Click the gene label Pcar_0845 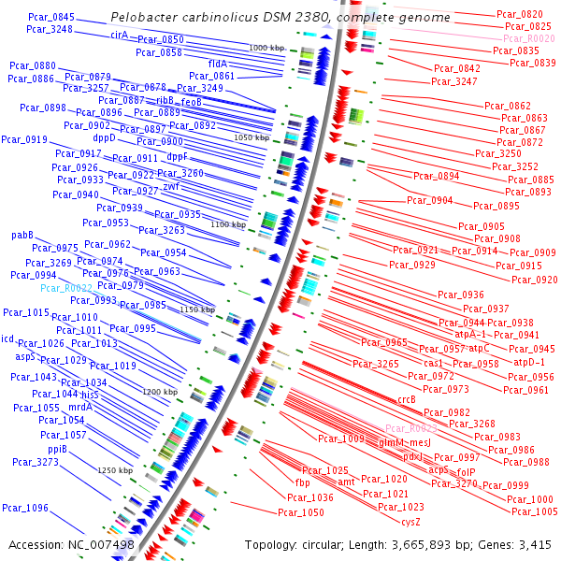click(51, 17)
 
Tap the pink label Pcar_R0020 click(528, 38)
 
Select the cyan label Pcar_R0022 click(66, 288)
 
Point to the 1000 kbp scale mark click(267, 47)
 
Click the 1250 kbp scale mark click(116, 470)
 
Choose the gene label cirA click(119, 35)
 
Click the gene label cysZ click(411, 520)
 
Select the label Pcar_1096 click(25, 508)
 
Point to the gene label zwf click(171, 185)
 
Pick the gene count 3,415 click(535, 544)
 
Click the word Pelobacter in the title click(142, 18)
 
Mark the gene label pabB click(22, 236)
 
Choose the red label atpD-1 click(529, 362)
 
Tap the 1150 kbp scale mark click(197, 309)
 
